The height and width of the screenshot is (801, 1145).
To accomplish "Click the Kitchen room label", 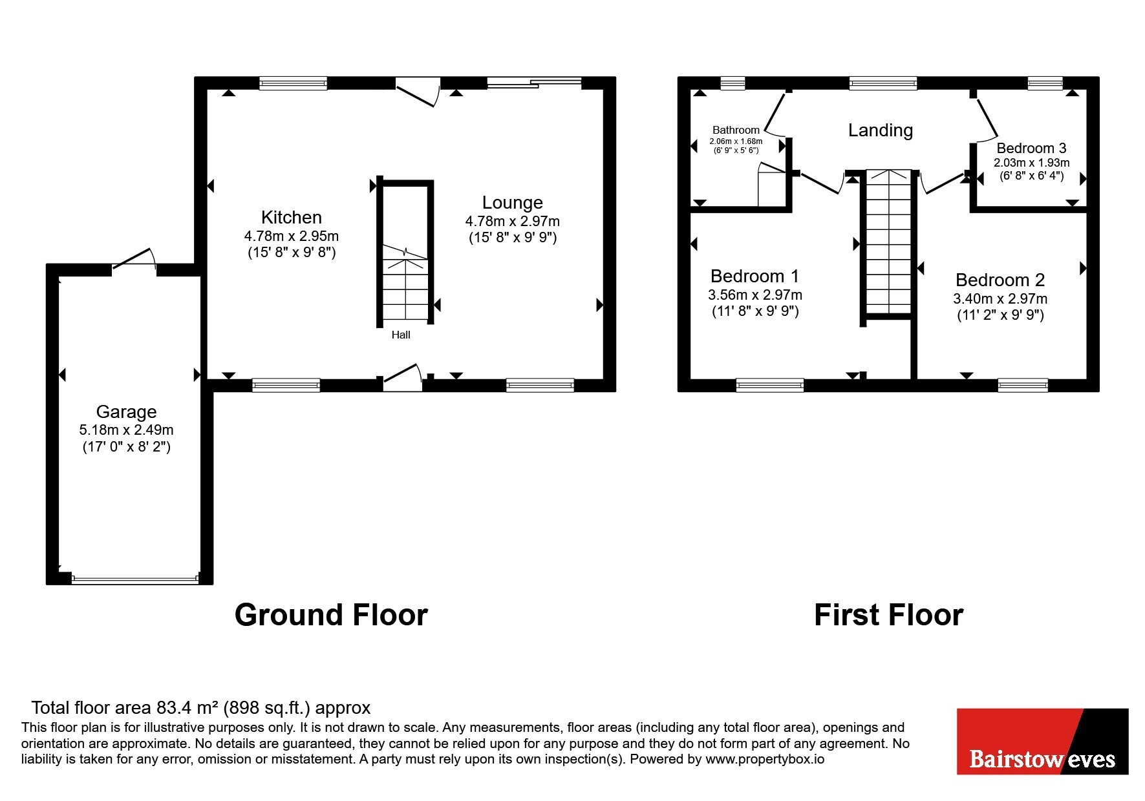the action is (x=291, y=217).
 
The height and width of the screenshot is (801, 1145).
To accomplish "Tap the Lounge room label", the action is (x=512, y=202).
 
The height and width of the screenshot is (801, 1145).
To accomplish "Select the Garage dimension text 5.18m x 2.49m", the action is (x=126, y=430).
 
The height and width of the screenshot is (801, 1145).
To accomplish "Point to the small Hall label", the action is (x=401, y=335).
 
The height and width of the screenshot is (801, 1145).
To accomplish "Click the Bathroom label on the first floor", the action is (x=736, y=130).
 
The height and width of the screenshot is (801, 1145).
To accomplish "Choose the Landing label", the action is (x=881, y=130).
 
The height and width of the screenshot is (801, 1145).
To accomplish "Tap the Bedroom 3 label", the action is (x=1031, y=148).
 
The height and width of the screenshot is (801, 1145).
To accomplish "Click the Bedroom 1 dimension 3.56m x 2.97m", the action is (x=755, y=295).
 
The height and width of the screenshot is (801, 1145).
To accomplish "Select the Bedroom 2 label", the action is (x=1000, y=280).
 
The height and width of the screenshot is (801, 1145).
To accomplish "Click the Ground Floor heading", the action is (x=331, y=615).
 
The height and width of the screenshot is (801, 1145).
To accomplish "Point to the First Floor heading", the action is (x=888, y=615).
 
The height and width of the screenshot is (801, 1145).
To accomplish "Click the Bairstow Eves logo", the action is (x=1042, y=741).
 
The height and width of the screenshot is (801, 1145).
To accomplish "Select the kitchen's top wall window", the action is (x=293, y=83).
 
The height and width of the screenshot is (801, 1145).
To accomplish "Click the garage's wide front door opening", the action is (x=135, y=579).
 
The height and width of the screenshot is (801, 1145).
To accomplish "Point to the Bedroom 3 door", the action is (x=987, y=119).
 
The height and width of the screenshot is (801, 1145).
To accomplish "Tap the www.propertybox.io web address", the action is (x=765, y=759).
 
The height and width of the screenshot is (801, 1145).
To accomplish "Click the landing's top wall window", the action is (x=883, y=83).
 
